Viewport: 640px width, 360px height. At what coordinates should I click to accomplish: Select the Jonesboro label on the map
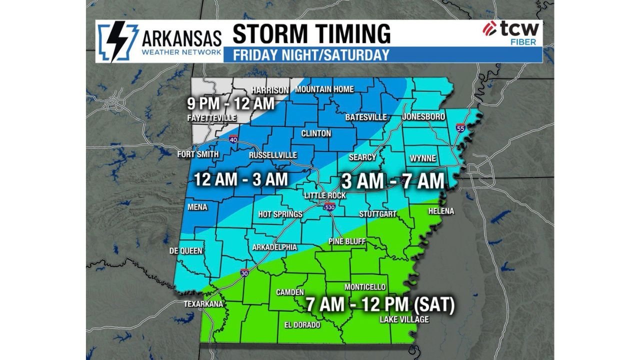pyautogui.click(x=423, y=117)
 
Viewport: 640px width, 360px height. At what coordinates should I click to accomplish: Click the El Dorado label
pyautogui.click(x=302, y=325)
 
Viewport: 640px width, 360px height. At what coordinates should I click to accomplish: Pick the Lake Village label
pyautogui.click(x=404, y=319)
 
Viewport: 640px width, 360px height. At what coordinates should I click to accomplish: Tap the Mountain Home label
pyautogui.click(x=324, y=89)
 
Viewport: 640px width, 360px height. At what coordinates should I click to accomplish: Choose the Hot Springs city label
pyautogui.click(x=280, y=214)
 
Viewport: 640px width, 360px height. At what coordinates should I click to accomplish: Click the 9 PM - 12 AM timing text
pyautogui.click(x=230, y=103)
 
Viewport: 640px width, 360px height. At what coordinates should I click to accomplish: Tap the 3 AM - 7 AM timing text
pyautogui.click(x=392, y=180)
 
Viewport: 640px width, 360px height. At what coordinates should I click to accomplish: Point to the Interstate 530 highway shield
pyautogui.click(x=329, y=207)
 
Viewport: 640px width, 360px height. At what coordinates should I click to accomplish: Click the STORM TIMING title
pyautogui.click(x=311, y=34)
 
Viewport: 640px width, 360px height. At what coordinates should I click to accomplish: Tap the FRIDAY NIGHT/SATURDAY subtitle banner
pyautogui.click(x=311, y=54)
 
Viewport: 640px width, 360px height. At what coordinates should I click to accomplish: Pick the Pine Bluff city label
pyautogui.click(x=347, y=242)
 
